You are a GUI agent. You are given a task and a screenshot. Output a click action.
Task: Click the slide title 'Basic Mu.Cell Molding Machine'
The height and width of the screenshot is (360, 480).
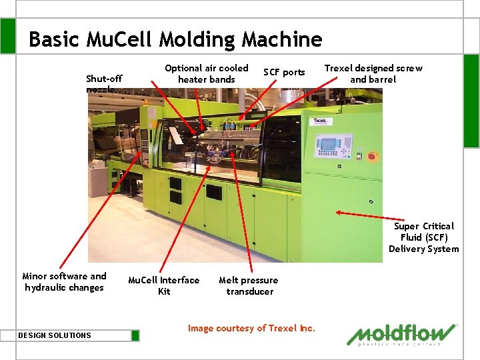(x=175, y=40)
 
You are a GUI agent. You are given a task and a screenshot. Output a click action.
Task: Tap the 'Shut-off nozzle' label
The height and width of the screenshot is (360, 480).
(x=104, y=83)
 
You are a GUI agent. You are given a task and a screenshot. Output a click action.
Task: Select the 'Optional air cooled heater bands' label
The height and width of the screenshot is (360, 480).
(x=206, y=73)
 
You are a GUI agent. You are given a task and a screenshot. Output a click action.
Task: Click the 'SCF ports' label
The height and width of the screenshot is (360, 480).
(x=284, y=72)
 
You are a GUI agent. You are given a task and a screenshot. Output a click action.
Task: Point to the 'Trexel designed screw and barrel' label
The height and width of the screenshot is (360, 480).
(x=373, y=73)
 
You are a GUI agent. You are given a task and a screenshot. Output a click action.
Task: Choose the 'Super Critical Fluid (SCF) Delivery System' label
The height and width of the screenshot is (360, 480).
(x=424, y=237)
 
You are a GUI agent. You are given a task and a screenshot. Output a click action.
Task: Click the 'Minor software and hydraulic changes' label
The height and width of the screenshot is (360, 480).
(x=64, y=281)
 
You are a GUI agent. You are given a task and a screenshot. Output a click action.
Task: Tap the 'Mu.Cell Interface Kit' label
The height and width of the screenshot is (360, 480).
(x=163, y=285)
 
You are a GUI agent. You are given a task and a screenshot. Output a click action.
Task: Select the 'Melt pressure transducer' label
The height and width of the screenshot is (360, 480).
(x=249, y=285)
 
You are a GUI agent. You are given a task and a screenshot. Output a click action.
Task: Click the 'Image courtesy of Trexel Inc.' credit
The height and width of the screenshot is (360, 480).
(x=251, y=328)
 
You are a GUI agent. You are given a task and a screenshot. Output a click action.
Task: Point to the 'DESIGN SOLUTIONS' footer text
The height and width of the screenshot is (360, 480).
(x=55, y=335)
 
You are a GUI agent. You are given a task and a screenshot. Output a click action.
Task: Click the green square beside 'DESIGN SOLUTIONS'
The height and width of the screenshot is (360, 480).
(x=135, y=335)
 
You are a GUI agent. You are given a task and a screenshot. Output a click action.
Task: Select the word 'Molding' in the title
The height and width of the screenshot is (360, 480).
(x=199, y=40)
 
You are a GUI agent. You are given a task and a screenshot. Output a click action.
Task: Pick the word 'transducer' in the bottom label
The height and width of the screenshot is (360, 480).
(x=250, y=291)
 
